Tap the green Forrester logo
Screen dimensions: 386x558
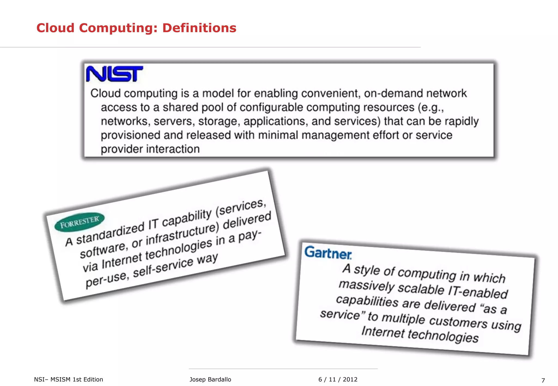click(x=79, y=222)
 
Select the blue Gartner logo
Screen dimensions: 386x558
click(x=328, y=253)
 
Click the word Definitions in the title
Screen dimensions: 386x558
click(x=199, y=28)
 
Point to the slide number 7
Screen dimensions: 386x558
click(x=543, y=380)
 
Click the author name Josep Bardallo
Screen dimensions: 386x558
click(x=210, y=379)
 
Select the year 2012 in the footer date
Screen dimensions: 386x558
click(x=350, y=379)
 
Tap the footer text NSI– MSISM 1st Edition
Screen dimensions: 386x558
click(x=69, y=379)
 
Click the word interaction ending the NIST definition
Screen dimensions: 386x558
click(x=173, y=149)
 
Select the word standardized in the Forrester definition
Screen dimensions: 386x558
click(x=110, y=233)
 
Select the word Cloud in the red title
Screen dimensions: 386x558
click(x=55, y=28)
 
